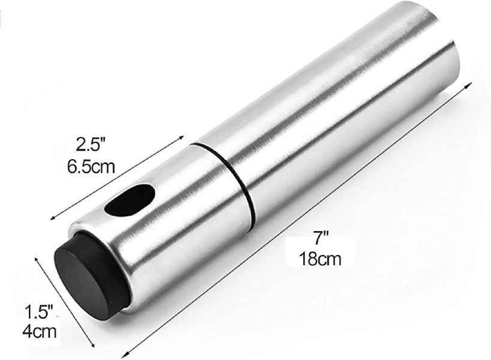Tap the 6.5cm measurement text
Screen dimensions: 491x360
pyautogui.click(x=91, y=166)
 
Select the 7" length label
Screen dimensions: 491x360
pyautogui.click(x=321, y=238)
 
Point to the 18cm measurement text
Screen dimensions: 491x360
pyautogui.click(x=320, y=259)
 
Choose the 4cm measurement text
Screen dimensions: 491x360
pyautogui.click(x=40, y=331)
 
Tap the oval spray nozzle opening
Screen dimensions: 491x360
pyautogui.click(x=130, y=200)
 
